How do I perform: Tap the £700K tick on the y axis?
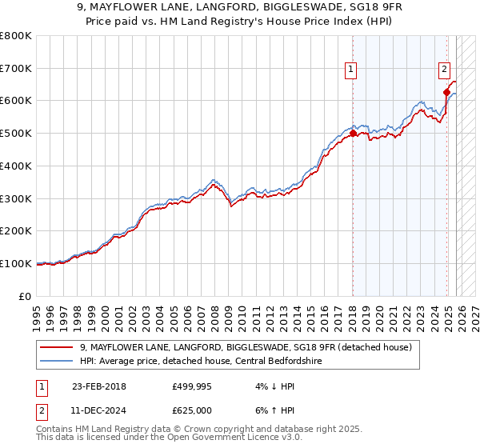tap(16, 68)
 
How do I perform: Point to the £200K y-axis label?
tap(16, 231)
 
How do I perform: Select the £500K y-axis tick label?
tap(16, 134)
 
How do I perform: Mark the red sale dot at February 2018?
tap(353, 134)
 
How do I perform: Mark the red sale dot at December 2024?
tap(446, 93)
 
